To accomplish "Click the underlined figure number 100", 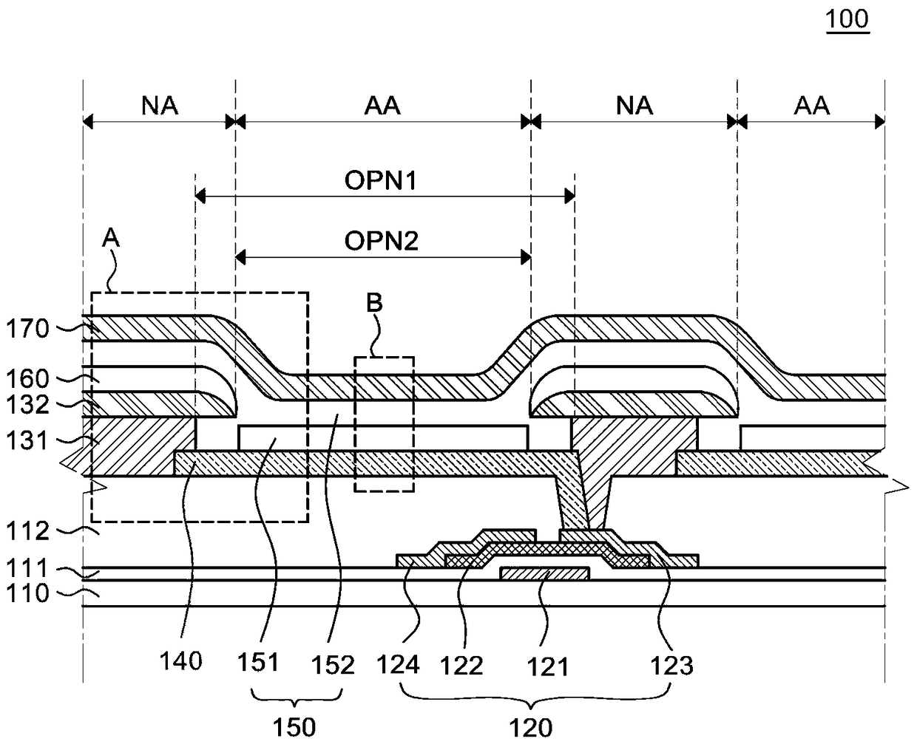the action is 847,19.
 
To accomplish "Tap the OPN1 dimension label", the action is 381,180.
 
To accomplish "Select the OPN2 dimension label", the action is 381,241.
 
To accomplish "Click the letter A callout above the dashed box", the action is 111,237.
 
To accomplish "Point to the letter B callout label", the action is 374,302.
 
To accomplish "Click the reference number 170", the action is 27,329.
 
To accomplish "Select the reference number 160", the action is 27,379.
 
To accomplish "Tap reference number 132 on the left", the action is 27,405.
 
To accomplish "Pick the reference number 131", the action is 27,441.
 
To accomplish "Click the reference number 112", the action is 27,531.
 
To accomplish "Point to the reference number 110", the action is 27,593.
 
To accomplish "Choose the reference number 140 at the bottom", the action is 180,661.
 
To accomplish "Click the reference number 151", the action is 258,661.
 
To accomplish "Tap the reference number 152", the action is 333,665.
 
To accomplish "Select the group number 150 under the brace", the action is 294,727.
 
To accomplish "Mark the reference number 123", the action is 671,666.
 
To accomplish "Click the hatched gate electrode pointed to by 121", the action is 545,573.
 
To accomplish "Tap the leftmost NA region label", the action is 160,106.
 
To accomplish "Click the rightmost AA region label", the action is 811,106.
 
